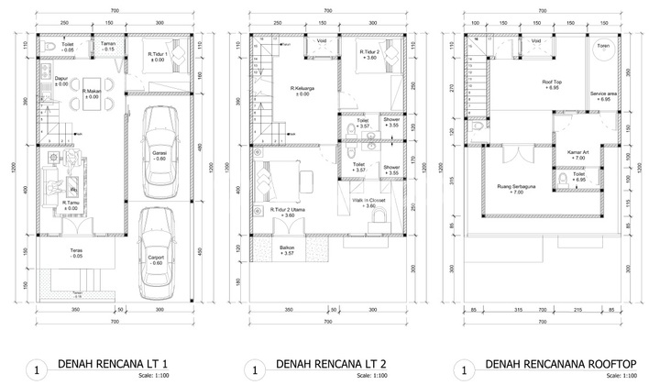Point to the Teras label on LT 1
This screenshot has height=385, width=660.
(79, 250)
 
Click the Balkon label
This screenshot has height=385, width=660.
(288, 247)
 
